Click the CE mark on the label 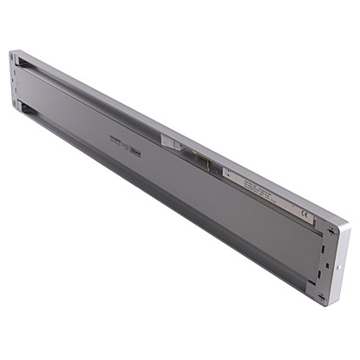(x=304, y=213)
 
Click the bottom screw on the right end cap (x=322, y=296)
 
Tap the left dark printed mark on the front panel (x=115, y=141)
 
